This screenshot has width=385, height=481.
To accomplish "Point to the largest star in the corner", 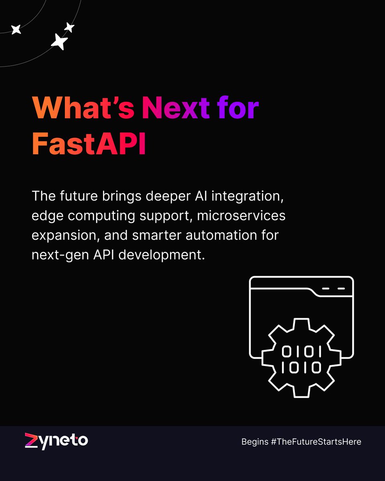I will (59, 42).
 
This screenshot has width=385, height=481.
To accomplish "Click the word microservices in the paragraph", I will (241, 216).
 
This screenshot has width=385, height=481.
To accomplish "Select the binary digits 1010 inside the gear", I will (301, 368).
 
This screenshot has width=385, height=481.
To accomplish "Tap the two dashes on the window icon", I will (333, 288).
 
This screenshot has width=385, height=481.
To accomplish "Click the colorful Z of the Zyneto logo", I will (31, 441).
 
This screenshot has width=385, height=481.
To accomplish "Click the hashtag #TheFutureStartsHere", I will (316, 442).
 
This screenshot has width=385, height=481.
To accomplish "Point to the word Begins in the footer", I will (255, 442).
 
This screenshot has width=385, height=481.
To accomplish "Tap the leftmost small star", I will (16, 29).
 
